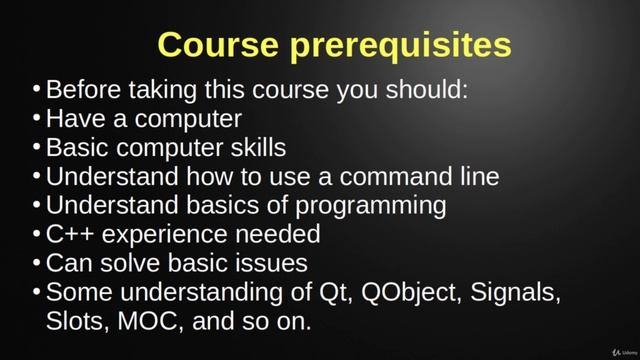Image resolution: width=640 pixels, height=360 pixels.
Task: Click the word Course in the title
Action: tap(214, 45)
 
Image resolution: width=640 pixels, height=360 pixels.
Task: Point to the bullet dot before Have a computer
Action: tap(37, 119)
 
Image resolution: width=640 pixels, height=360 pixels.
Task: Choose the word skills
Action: tap(251, 148)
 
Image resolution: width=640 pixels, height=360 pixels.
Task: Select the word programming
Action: tap(362, 206)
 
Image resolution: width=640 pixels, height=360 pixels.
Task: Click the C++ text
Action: tap(69, 235)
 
